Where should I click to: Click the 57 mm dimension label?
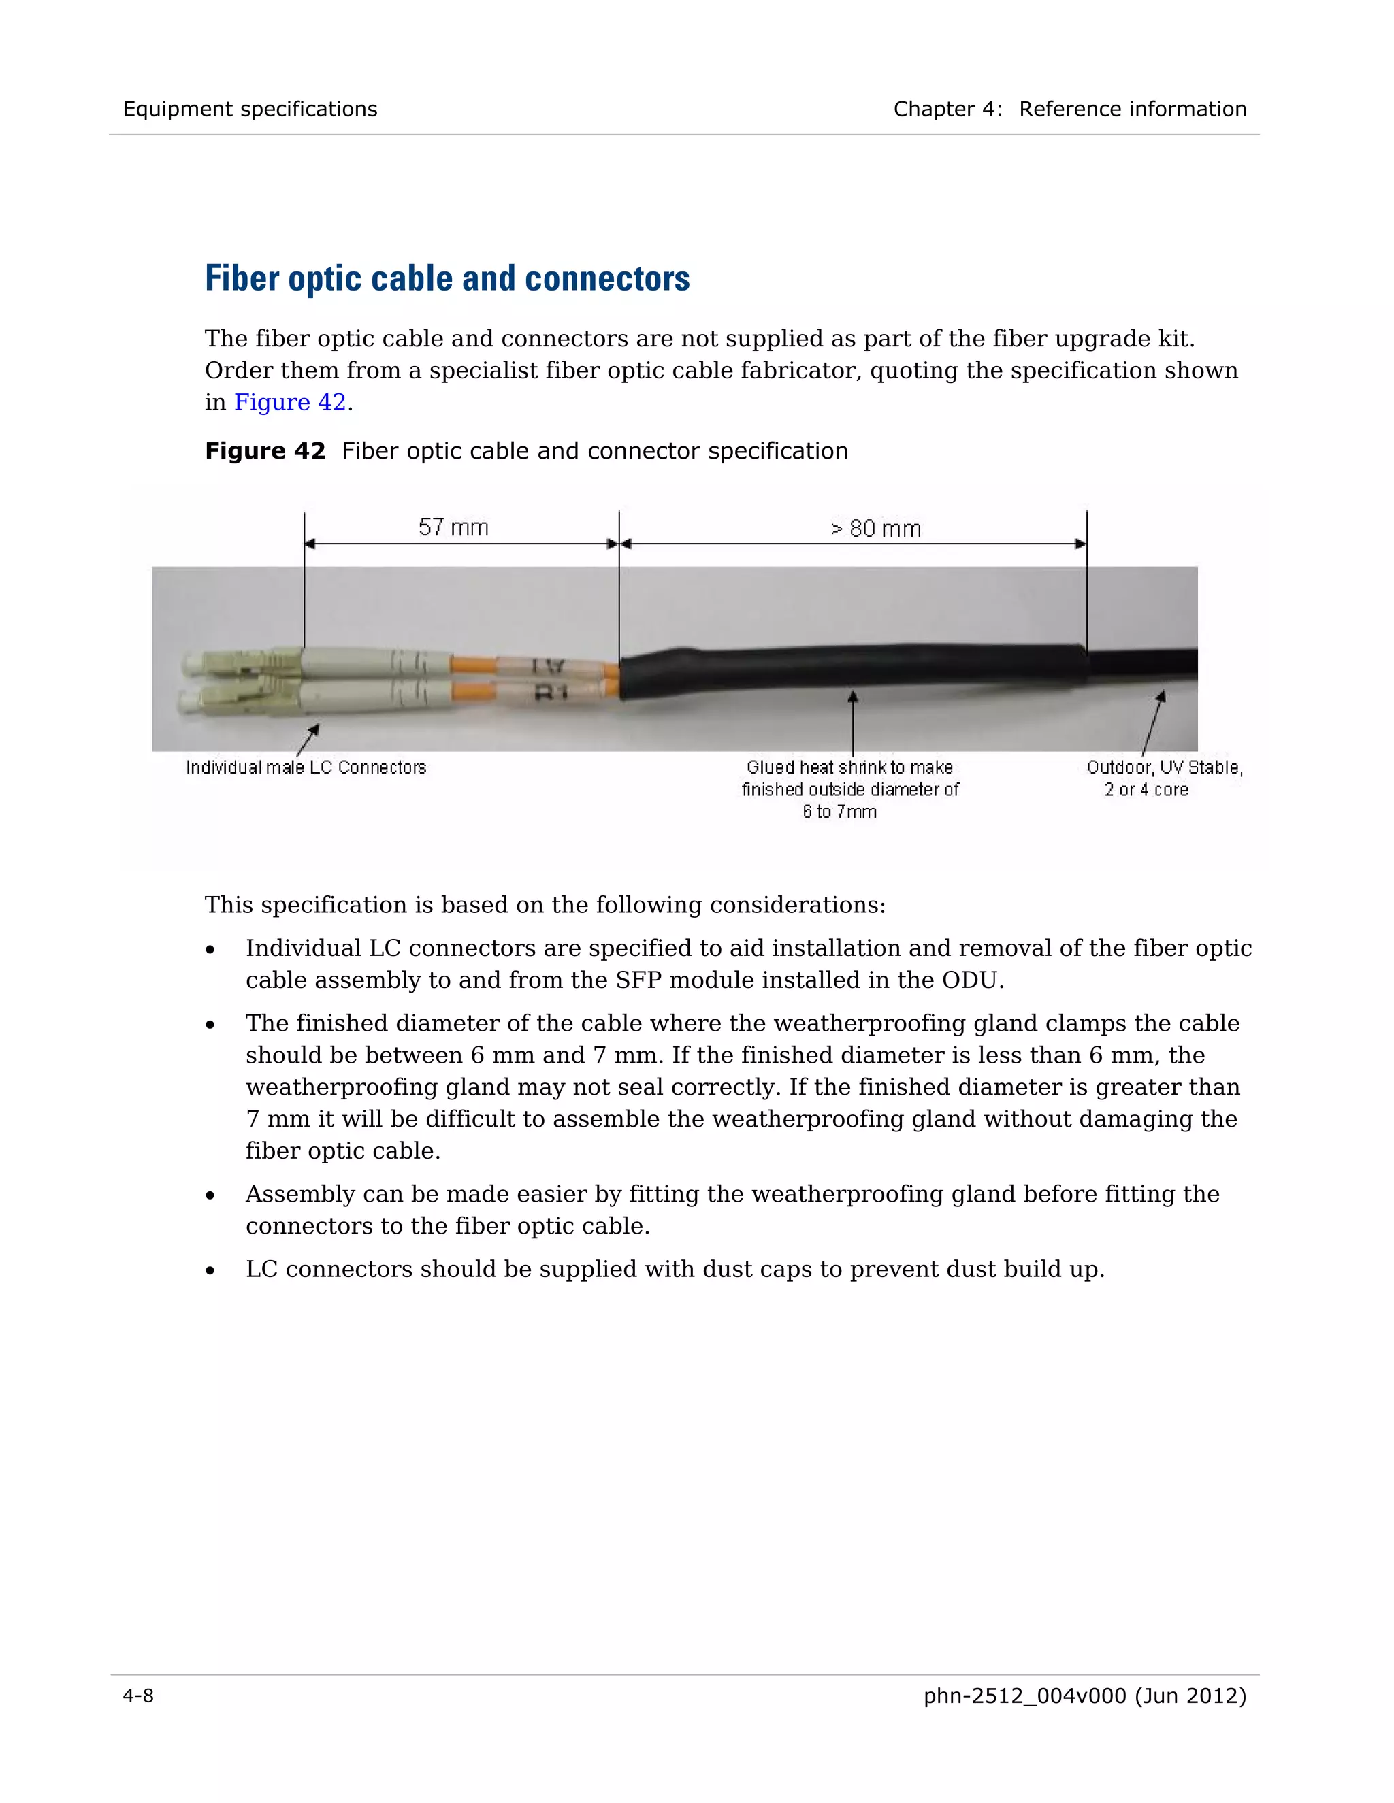(x=453, y=527)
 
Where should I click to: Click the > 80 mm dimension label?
(x=875, y=529)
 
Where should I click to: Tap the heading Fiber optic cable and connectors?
(x=447, y=278)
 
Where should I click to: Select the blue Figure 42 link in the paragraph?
(x=290, y=402)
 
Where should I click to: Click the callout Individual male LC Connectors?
(x=306, y=767)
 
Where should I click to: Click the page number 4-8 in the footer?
(x=138, y=1696)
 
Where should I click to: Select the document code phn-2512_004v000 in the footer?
(x=1024, y=1696)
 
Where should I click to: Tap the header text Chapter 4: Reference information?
(x=1069, y=109)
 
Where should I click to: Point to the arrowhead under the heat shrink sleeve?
(x=853, y=697)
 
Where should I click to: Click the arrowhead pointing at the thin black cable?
(x=1161, y=697)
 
